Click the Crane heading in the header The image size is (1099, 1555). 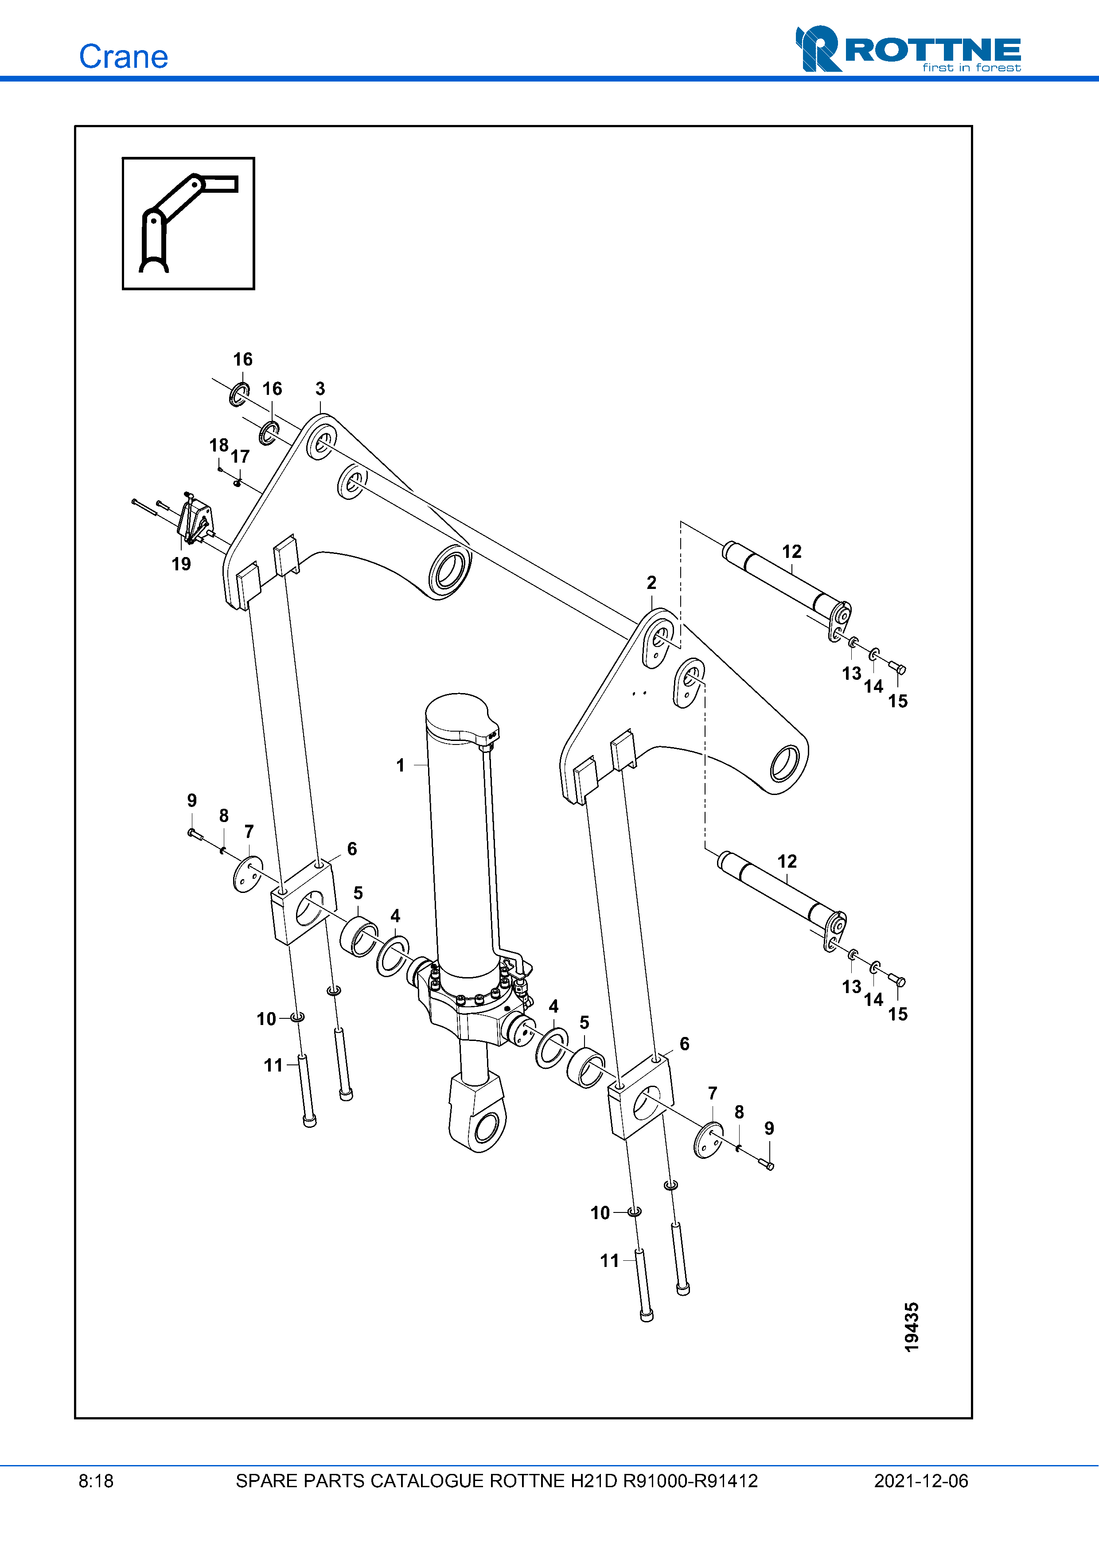pos(123,57)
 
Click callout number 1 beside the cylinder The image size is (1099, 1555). pos(400,765)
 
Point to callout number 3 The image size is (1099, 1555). pos(320,389)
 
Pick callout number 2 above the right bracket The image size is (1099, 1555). pos(651,582)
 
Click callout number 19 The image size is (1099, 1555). pos(181,564)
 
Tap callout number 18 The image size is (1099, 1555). pos(218,445)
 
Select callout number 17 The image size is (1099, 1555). pos(240,456)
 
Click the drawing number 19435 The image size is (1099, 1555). pos(912,1327)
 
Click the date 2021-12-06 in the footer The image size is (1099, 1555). pos(920,1481)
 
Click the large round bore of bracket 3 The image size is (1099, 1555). pos(449,571)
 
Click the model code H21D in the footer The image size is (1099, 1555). pos(593,1481)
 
